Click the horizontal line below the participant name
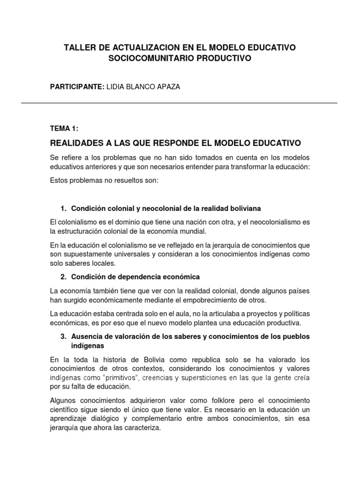pyautogui.click(x=180, y=103)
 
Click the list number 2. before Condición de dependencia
pyautogui.click(x=64, y=277)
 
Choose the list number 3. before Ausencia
pyautogui.click(x=64, y=337)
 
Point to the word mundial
pyautogui.click(x=194, y=232)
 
